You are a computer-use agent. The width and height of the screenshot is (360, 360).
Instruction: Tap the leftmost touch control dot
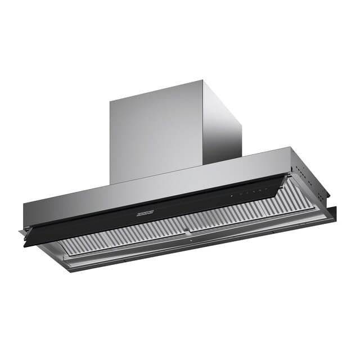coord(231,195)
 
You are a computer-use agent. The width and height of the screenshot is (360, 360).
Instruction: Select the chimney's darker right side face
coord(222,129)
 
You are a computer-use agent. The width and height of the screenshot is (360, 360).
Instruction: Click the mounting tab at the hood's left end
coord(22,231)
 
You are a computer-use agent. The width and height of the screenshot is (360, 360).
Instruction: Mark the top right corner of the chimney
coord(241,113)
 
